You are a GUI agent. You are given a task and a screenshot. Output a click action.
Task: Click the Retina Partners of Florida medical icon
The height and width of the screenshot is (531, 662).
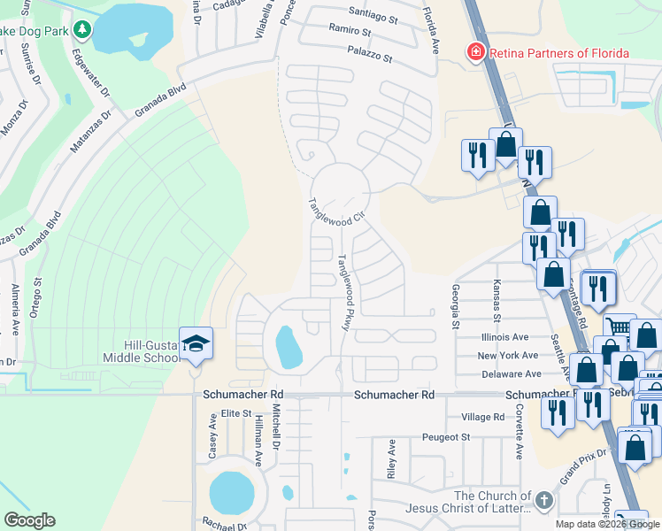(x=475, y=53)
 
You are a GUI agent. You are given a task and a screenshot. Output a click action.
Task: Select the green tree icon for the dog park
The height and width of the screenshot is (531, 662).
(x=82, y=30)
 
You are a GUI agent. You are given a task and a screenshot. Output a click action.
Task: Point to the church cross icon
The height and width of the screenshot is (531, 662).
(x=543, y=502)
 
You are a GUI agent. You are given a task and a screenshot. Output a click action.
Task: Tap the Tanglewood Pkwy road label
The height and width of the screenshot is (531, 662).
(x=343, y=293)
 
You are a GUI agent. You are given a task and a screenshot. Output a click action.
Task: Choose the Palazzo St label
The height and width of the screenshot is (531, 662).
(x=370, y=55)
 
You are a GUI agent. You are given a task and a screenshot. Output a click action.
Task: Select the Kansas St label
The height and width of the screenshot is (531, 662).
(x=496, y=301)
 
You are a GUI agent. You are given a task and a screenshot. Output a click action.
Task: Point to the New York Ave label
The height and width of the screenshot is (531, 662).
(x=508, y=356)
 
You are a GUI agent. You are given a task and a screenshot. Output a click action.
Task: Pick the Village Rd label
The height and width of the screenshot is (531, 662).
(x=483, y=417)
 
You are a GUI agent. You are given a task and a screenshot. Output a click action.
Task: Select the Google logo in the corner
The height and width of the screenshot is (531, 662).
(x=29, y=520)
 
